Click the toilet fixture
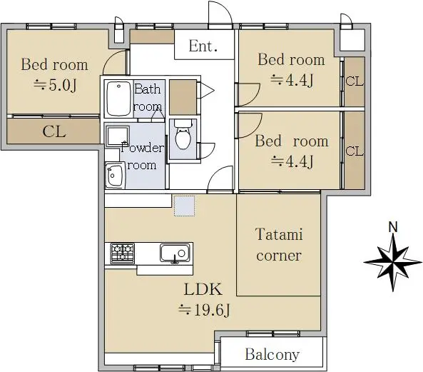point(183,134)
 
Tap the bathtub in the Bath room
point(118,99)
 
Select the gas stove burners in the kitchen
point(123,253)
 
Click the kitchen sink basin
point(175,253)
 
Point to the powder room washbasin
point(115,175)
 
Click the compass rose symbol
point(393,262)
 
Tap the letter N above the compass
point(393,227)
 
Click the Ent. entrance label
point(203,46)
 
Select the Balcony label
point(272,354)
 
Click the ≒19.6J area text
point(204,310)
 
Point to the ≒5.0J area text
point(56,85)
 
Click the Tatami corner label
point(279,245)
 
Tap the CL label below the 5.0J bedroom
point(54,132)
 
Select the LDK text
point(203,289)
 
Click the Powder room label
point(142,156)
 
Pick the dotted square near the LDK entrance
point(184,206)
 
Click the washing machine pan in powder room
point(118,136)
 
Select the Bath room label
point(148,98)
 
